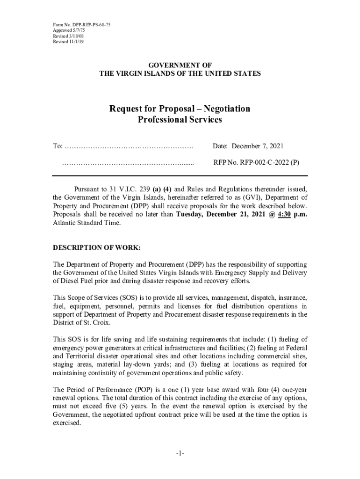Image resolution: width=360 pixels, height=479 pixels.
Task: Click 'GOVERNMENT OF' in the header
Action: pyautogui.click(x=180, y=65)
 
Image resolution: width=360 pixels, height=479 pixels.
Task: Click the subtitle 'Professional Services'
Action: pyautogui.click(x=180, y=120)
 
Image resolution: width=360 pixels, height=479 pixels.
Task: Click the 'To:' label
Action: pyautogui.click(x=58, y=146)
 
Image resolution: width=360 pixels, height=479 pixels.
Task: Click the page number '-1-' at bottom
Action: pyautogui.click(x=180, y=454)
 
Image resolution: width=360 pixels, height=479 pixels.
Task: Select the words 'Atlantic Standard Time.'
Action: pyautogui.click(x=86, y=223)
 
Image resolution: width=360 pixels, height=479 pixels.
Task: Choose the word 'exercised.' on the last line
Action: pyautogui.click(x=67, y=423)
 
